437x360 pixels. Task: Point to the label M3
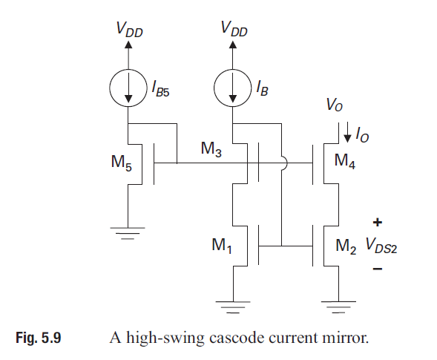point(212,149)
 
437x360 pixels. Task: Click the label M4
point(345,161)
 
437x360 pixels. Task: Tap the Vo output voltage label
point(335,105)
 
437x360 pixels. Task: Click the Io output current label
point(362,135)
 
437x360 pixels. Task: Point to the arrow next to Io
point(346,134)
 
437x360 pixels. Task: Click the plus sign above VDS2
point(377,222)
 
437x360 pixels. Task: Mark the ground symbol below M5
point(128,232)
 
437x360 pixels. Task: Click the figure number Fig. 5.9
point(39,339)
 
